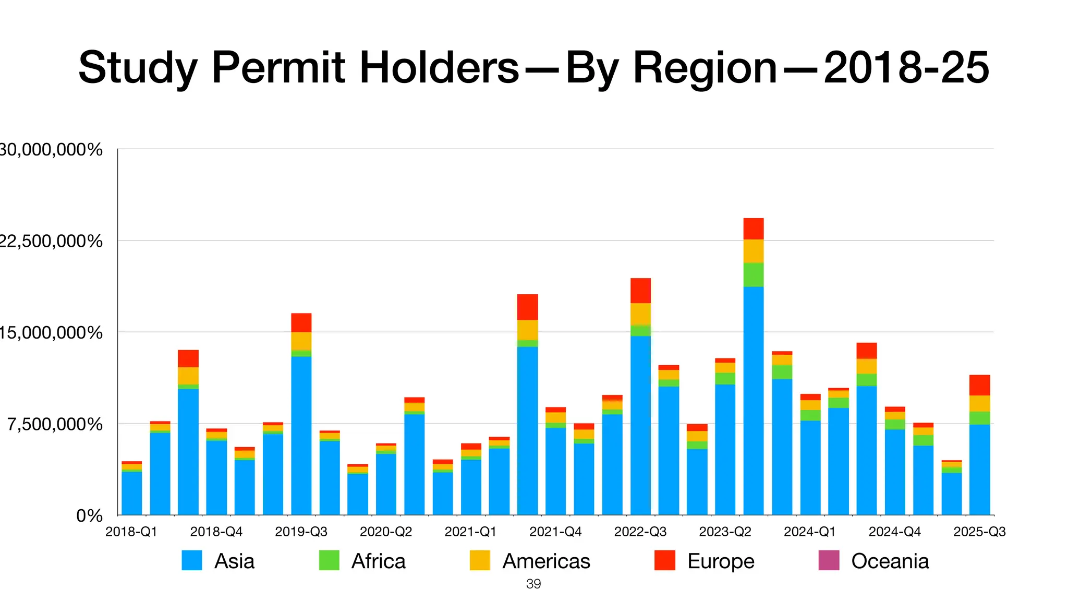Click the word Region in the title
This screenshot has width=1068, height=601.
point(671,68)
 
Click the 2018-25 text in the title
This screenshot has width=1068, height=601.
point(906,68)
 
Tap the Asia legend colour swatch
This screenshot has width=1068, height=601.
point(192,561)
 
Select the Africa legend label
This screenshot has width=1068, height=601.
point(378,561)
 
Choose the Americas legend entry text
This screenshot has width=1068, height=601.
point(546,561)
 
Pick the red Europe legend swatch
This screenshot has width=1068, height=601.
point(665,561)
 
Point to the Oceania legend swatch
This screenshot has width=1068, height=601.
point(829,561)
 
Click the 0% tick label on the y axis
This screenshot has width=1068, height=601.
point(89,516)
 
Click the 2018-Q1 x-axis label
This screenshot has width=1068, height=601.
point(131,532)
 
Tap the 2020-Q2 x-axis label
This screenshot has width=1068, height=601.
point(386,532)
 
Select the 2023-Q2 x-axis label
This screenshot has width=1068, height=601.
point(725,532)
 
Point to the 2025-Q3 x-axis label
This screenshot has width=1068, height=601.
point(979,532)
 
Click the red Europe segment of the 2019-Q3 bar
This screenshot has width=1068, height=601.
point(301,322)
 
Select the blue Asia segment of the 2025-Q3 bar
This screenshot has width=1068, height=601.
point(979,470)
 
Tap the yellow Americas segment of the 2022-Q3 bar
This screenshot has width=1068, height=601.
point(640,314)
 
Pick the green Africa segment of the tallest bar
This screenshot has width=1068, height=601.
point(754,274)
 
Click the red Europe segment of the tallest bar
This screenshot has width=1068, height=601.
point(754,229)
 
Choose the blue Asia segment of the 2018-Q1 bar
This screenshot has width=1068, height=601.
point(131,493)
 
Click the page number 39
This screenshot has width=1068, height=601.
point(533,584)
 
